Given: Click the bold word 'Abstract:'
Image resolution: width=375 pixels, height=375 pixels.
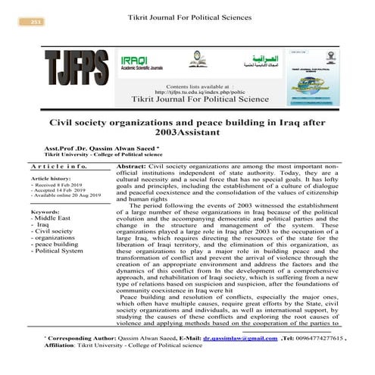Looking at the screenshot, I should pos(134,165).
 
